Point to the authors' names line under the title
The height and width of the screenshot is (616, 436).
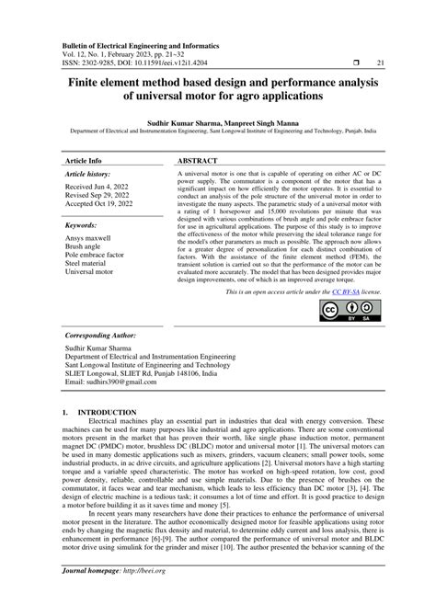(218, 120)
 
